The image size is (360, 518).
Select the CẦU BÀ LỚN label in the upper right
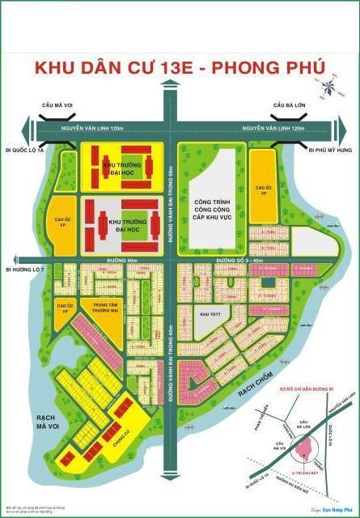tap(288, 105)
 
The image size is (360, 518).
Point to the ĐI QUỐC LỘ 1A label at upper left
tap(23, 149)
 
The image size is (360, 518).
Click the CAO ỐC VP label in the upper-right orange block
tap(261, 168)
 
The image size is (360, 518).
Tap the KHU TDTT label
tap(210, 312)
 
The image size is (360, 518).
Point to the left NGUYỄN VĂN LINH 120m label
tap(80, 128)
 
